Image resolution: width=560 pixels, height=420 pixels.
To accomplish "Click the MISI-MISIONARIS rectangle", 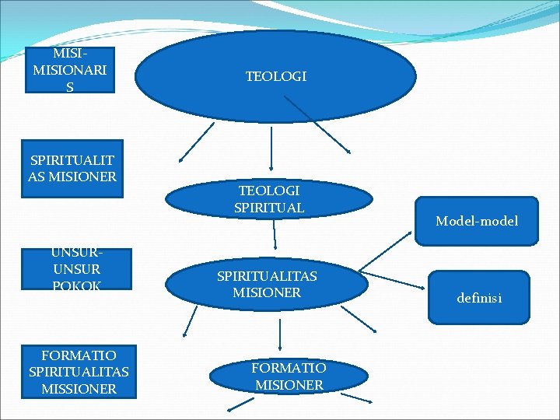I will tap(70, 70).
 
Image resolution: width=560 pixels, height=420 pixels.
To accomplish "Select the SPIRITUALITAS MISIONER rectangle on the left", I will tap(72, 168).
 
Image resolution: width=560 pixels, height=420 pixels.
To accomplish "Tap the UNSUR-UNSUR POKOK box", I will tap(76, 269).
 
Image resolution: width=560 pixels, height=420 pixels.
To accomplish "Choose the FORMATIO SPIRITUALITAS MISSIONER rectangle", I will tap(79, 372).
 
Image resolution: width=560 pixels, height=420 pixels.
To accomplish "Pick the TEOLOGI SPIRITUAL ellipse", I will tap(269, 199).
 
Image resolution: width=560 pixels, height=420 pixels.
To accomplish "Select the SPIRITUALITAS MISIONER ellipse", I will tap(267, 285).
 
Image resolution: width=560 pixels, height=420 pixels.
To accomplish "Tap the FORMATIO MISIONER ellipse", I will tap(289, 376).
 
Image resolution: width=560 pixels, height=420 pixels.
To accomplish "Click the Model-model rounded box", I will tap(476, 222).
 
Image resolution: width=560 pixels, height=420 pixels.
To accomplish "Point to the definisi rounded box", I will tap(478, 297).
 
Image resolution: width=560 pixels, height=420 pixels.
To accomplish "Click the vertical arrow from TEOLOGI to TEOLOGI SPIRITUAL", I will tap(271, 148).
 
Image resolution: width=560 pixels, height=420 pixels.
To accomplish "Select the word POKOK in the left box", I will tap(76, 285).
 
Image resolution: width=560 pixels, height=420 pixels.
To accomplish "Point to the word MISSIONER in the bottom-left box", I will tap(79, 388).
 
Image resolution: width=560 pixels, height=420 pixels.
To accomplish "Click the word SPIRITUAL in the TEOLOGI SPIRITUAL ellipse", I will tap(269, 208).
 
